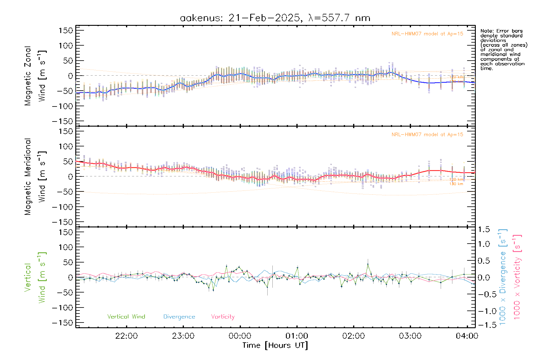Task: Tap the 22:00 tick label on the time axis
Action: [126, 336]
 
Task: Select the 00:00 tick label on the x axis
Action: [240, 336]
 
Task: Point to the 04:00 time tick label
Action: [467, 336]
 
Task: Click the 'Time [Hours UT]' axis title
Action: [275, 345]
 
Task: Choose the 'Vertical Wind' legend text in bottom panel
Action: [126, 316]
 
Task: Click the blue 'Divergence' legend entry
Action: [179, 316]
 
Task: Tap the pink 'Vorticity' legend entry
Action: [223, 316]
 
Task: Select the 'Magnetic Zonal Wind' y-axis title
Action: [35, 76]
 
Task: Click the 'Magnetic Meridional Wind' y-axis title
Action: [35, 176]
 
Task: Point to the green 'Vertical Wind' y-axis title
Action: [35, 277]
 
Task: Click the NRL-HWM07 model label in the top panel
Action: [427, 34]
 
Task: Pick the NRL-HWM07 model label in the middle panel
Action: [427, 134]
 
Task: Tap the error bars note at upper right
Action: [504, 49]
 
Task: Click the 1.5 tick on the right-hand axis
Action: [484, 229]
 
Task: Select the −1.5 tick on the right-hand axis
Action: [484, 325]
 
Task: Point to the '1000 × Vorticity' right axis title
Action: [517, 277]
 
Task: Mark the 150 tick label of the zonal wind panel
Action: [66, 30]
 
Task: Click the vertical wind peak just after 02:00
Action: [368, 264]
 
